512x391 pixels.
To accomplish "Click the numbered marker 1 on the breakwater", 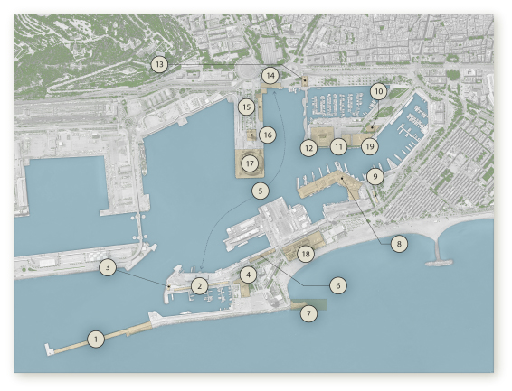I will pos(95,339).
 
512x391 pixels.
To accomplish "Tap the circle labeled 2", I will pos(200,285).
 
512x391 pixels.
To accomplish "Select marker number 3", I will pos(108,267).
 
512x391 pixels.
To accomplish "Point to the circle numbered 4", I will pos(249,274).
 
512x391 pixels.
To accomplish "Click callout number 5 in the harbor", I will pos(260,191).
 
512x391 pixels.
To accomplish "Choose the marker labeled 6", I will pos(337,284).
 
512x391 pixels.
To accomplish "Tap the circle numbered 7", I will pos(309,313).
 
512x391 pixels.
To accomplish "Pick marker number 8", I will pos(399,243).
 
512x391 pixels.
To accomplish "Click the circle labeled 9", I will pos(375,177).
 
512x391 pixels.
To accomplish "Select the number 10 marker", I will pos(378,91).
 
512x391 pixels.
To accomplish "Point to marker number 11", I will pos(338,145).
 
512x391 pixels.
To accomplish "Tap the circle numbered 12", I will pos(309,146).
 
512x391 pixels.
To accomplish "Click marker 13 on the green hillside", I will pos(159,64).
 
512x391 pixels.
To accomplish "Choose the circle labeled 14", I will pos(270,75).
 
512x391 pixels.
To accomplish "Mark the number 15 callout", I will pos(247,107).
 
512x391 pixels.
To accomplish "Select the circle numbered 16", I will pos(267,135).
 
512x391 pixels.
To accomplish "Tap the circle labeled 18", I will pos(306,255).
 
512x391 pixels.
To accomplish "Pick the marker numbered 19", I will pos(368,145).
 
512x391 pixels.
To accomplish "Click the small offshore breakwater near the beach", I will pos(440,263).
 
